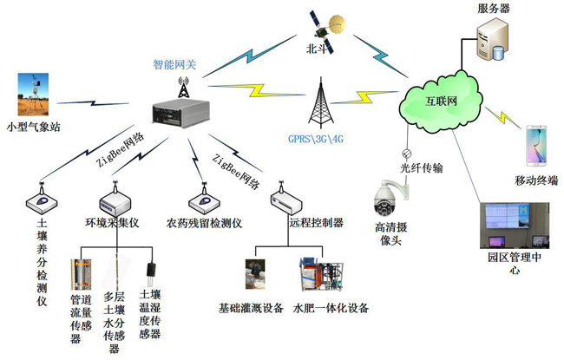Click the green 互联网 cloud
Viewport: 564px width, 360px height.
(x=442, y=101)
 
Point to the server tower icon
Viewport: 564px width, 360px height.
(x=488, y=42)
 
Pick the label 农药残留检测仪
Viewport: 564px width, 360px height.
(x=205, y=222)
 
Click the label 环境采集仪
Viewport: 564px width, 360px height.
(x=113, y=222)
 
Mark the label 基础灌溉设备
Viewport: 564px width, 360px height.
(x=251, y=308)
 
